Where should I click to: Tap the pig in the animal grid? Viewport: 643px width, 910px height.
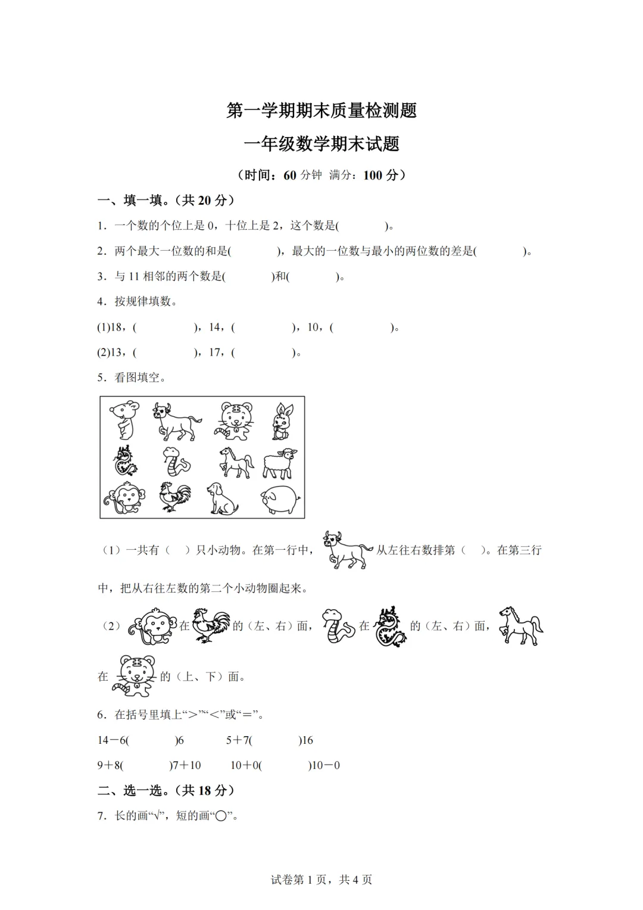click(279, 498)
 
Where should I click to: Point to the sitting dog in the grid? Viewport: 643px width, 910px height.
click(222, 498)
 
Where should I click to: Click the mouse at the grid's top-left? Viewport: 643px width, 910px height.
click(124, 420)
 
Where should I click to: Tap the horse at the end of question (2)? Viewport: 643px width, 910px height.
click(520, 625)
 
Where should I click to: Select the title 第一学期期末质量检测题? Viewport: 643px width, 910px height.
click(321, 110)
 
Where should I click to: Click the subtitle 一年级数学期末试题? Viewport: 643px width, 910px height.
click(321, 144)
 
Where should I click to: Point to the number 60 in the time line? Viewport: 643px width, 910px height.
click(290, 175)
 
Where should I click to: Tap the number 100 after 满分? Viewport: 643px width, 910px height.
click(373, 175)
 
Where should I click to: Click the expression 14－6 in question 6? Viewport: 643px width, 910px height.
click(111, 740)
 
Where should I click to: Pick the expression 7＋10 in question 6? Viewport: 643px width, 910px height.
click(187, 765)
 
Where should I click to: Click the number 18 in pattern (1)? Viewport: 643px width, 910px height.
click(116, 327)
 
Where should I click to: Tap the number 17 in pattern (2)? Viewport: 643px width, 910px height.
click(215, 352)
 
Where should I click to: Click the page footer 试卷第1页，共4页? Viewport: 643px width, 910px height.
click(321, 880)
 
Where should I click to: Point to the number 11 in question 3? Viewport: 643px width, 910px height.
click(134, 276)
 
